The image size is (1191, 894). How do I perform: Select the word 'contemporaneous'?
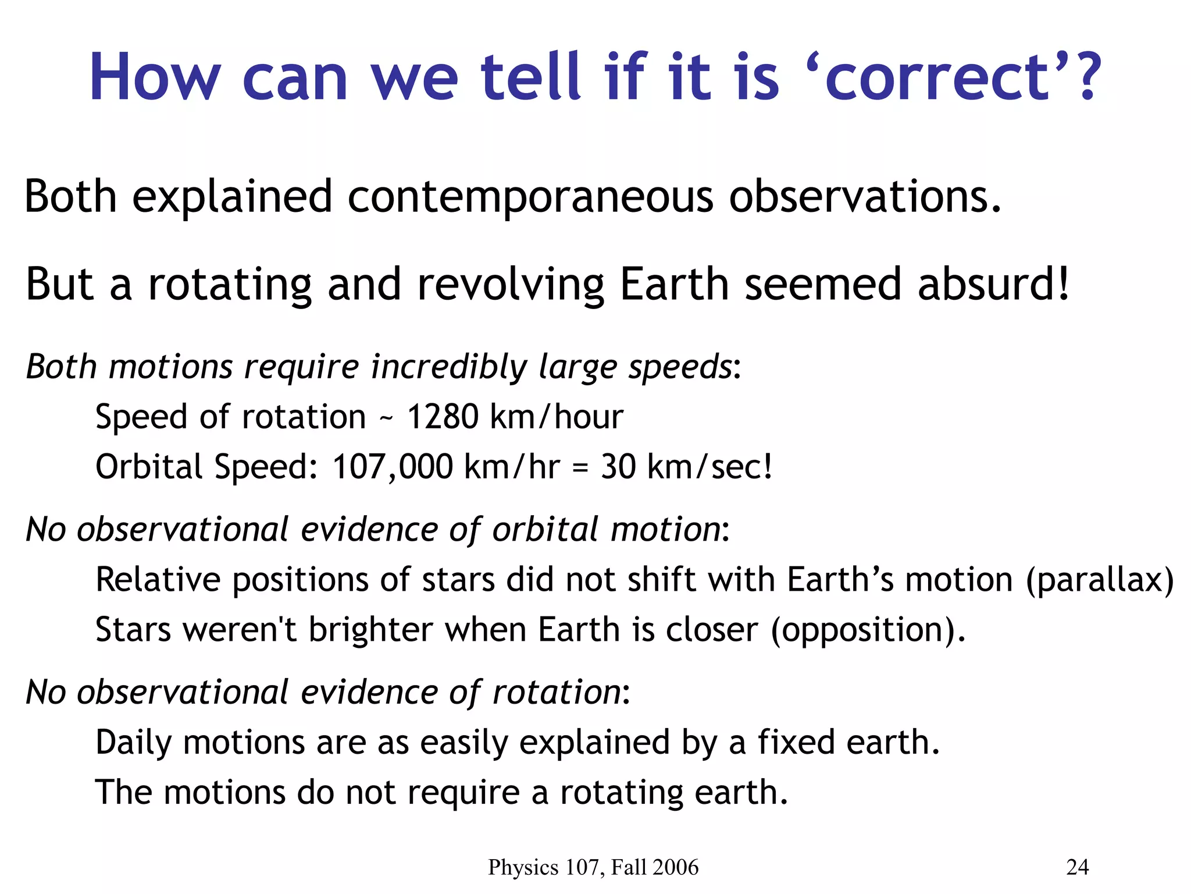click(x=530, y=197)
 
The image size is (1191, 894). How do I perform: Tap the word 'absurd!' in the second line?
click(x=993, y=285)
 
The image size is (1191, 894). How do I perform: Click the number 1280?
click(x=442, y=417)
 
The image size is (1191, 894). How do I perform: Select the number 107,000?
click(x=392, y=467)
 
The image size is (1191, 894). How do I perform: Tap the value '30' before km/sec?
click(x=618, y=467)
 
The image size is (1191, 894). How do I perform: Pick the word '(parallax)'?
click(x=1100, y=580)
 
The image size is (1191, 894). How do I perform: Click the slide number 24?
click(x=1077, y=867)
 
